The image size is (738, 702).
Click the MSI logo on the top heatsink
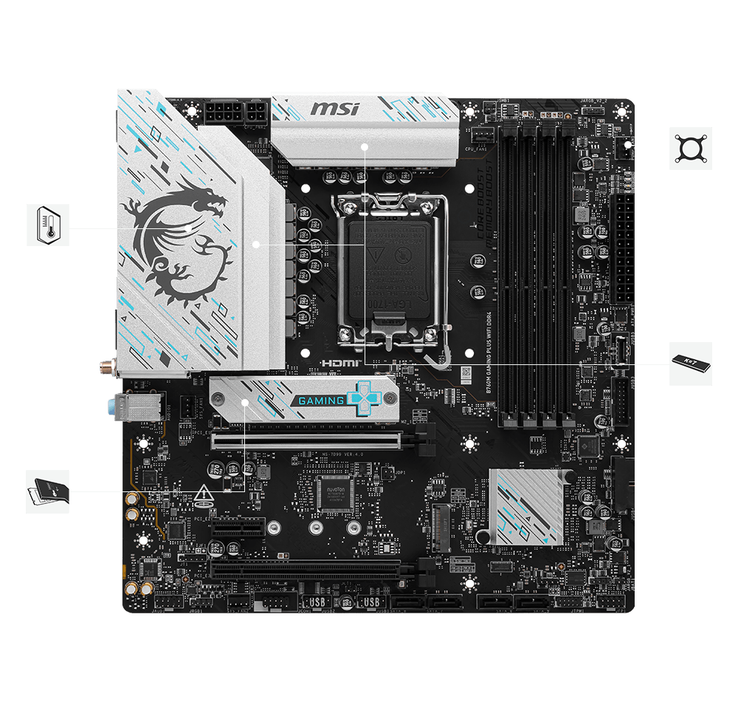coord(334,109)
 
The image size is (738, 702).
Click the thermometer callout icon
coord(48,225)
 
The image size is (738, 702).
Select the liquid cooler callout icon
coord(690,149)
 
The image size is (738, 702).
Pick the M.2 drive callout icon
coord(690,364)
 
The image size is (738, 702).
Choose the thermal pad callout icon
coord(48,491)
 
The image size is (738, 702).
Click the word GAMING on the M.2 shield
coord(322,401)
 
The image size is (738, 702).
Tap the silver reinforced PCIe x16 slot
coord(306,441)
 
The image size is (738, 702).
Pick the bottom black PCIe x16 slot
coord(306,569)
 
